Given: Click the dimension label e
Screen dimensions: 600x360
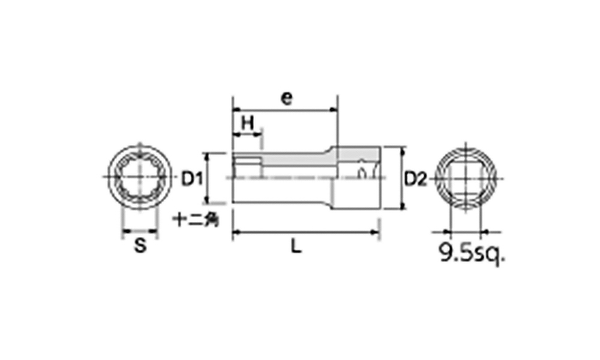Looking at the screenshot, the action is coord(286,98).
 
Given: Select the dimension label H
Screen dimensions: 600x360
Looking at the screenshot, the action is coord(248,123).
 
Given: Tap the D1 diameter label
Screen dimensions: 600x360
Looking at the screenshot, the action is coord(191,179).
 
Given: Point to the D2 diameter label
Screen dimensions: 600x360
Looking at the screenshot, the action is coord(416,179).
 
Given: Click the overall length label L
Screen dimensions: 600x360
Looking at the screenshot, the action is coord(295,246).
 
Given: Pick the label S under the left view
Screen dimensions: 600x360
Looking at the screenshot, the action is coord(140,245).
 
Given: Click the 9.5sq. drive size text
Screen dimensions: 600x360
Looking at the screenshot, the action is coord(472,253).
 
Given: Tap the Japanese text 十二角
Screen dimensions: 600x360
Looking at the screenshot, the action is coord(196,220).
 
